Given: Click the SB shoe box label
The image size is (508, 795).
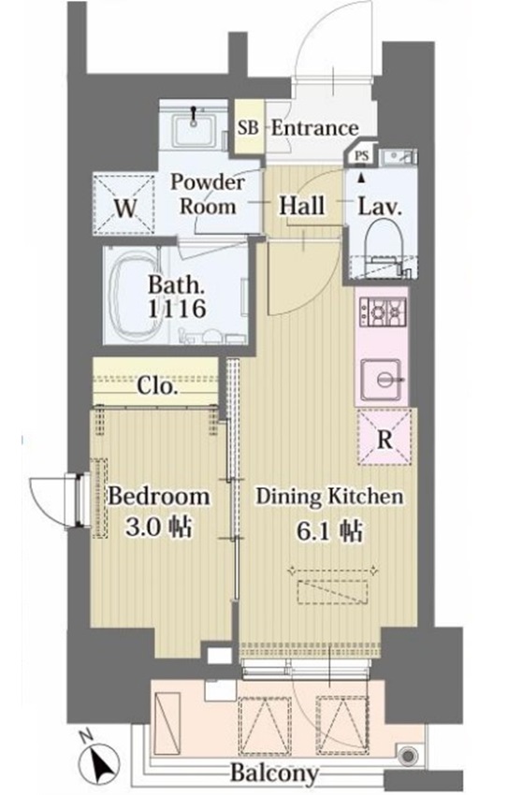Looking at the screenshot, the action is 249,128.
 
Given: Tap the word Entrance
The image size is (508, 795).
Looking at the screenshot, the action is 315,128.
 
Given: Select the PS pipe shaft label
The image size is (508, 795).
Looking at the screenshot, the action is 361,156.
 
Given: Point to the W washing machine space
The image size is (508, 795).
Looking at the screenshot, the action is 124,204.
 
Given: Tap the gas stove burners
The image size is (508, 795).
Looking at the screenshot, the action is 382,311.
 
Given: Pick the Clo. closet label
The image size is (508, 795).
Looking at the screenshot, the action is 156,387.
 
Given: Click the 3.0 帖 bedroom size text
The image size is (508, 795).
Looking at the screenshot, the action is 158,528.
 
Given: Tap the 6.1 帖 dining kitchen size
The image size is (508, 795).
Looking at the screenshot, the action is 329,531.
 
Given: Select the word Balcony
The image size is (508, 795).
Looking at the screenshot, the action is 274,773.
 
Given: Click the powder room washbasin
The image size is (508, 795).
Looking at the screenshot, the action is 195,129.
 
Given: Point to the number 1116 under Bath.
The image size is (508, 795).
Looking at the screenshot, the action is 177,309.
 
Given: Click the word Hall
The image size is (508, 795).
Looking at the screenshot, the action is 302,206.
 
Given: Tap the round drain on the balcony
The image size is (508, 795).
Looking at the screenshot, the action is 408,757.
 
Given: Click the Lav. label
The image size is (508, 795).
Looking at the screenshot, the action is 380,207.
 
